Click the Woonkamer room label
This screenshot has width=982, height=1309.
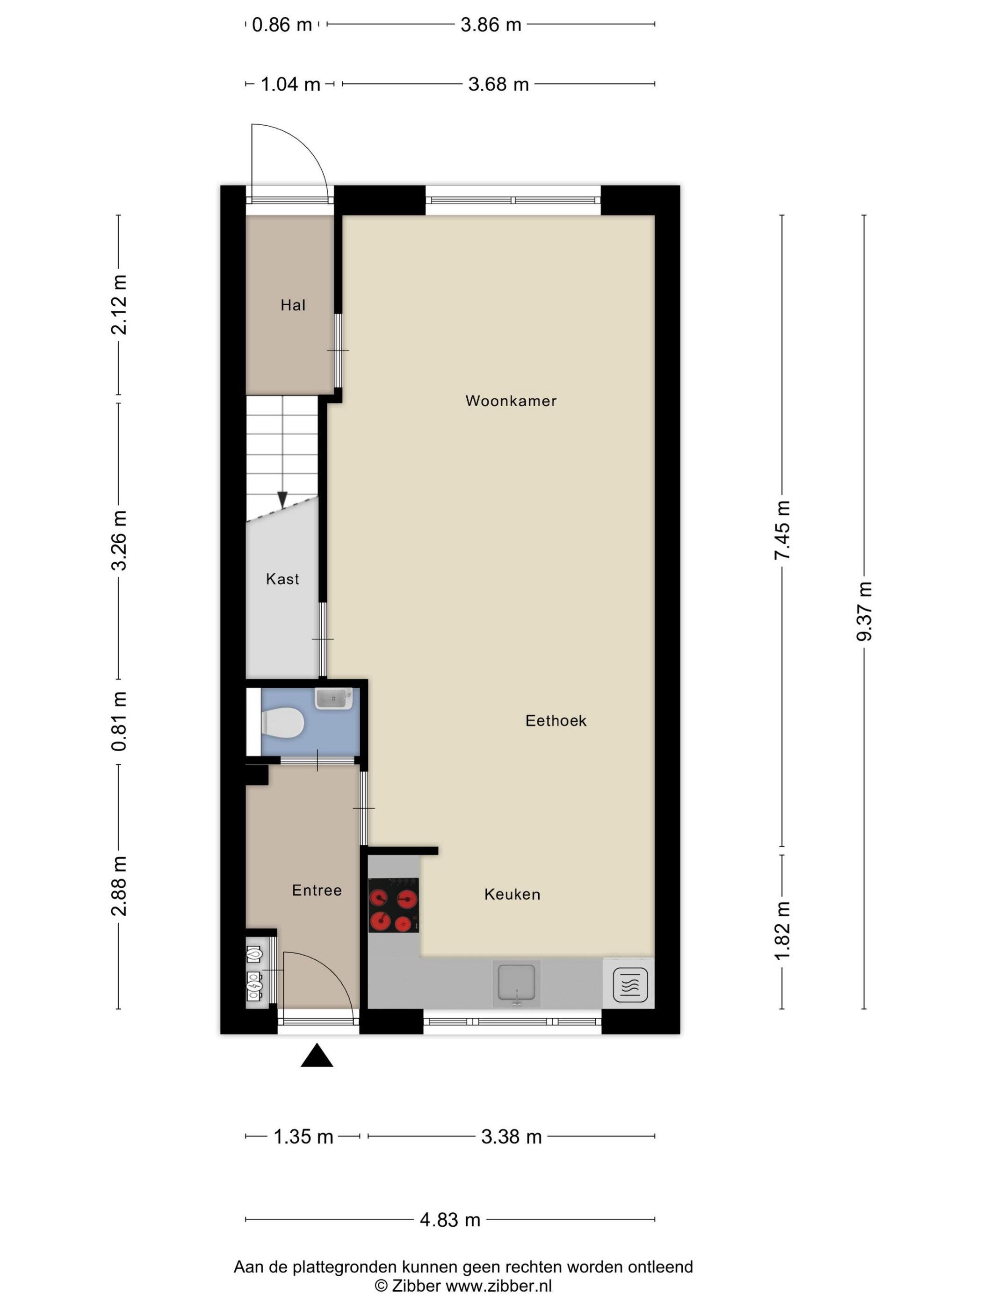511,401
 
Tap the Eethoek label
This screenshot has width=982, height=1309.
556,720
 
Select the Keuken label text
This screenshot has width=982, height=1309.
512,894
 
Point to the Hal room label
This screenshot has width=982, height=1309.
293,305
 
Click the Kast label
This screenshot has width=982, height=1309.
282,579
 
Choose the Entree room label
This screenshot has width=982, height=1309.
317,890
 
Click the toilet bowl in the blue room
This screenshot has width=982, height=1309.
282,723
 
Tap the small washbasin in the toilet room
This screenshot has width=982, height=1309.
334,698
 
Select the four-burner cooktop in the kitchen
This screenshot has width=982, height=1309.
394,905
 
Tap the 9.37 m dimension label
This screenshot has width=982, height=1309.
864,612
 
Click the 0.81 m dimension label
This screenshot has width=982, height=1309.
119,721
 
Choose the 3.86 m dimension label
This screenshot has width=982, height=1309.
491,25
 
